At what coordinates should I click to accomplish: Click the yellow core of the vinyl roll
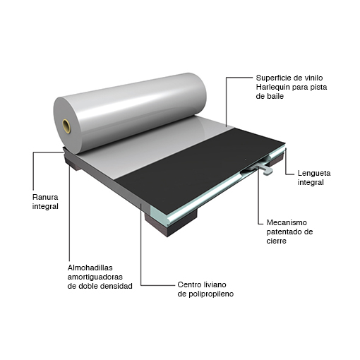click(66, 126)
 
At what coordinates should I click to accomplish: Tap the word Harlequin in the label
click(272, 87)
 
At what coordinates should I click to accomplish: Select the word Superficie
click(272, 78)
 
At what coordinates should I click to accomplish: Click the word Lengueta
click(314, 173)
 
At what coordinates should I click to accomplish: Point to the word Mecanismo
click(287, 222)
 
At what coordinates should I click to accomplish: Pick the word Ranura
click(45, 197)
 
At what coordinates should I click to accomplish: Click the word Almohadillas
click(90, 268)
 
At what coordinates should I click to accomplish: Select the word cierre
click(276, 241)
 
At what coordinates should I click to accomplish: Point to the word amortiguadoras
click(95, 277)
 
